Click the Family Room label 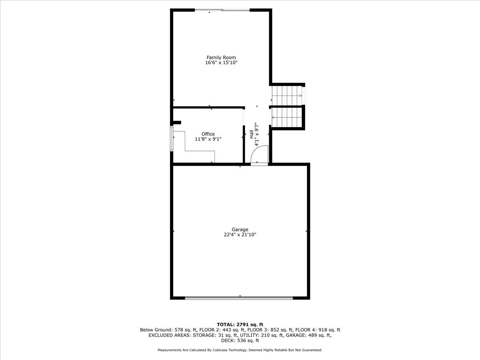point(221,58)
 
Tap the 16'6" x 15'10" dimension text point(221,63)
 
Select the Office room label point(208,134)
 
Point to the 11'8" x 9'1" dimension point(208,139)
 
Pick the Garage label point(240,230)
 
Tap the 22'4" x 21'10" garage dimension point(240,235)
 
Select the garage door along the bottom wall point(239,297)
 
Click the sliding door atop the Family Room point(222,10)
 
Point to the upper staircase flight point(286,96)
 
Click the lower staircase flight point(286,117)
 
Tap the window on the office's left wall point(172,139)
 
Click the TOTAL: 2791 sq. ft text point(240,324)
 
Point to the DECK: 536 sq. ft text point(240,341)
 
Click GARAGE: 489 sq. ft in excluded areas point(308,335)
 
